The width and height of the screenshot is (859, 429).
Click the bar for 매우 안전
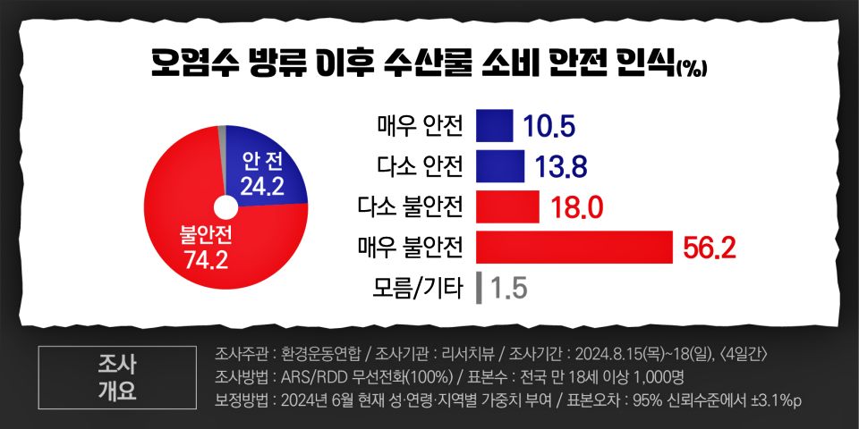(x=494, y=126)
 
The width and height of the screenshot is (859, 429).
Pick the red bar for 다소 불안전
(x=507, y=206)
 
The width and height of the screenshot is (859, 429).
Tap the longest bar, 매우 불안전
(x=574, y=248)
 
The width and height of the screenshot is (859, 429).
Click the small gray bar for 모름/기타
(x=481, y=288)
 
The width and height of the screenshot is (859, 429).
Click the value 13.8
(x=560, y=167)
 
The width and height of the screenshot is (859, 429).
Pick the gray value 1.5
(x=507, y=289)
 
